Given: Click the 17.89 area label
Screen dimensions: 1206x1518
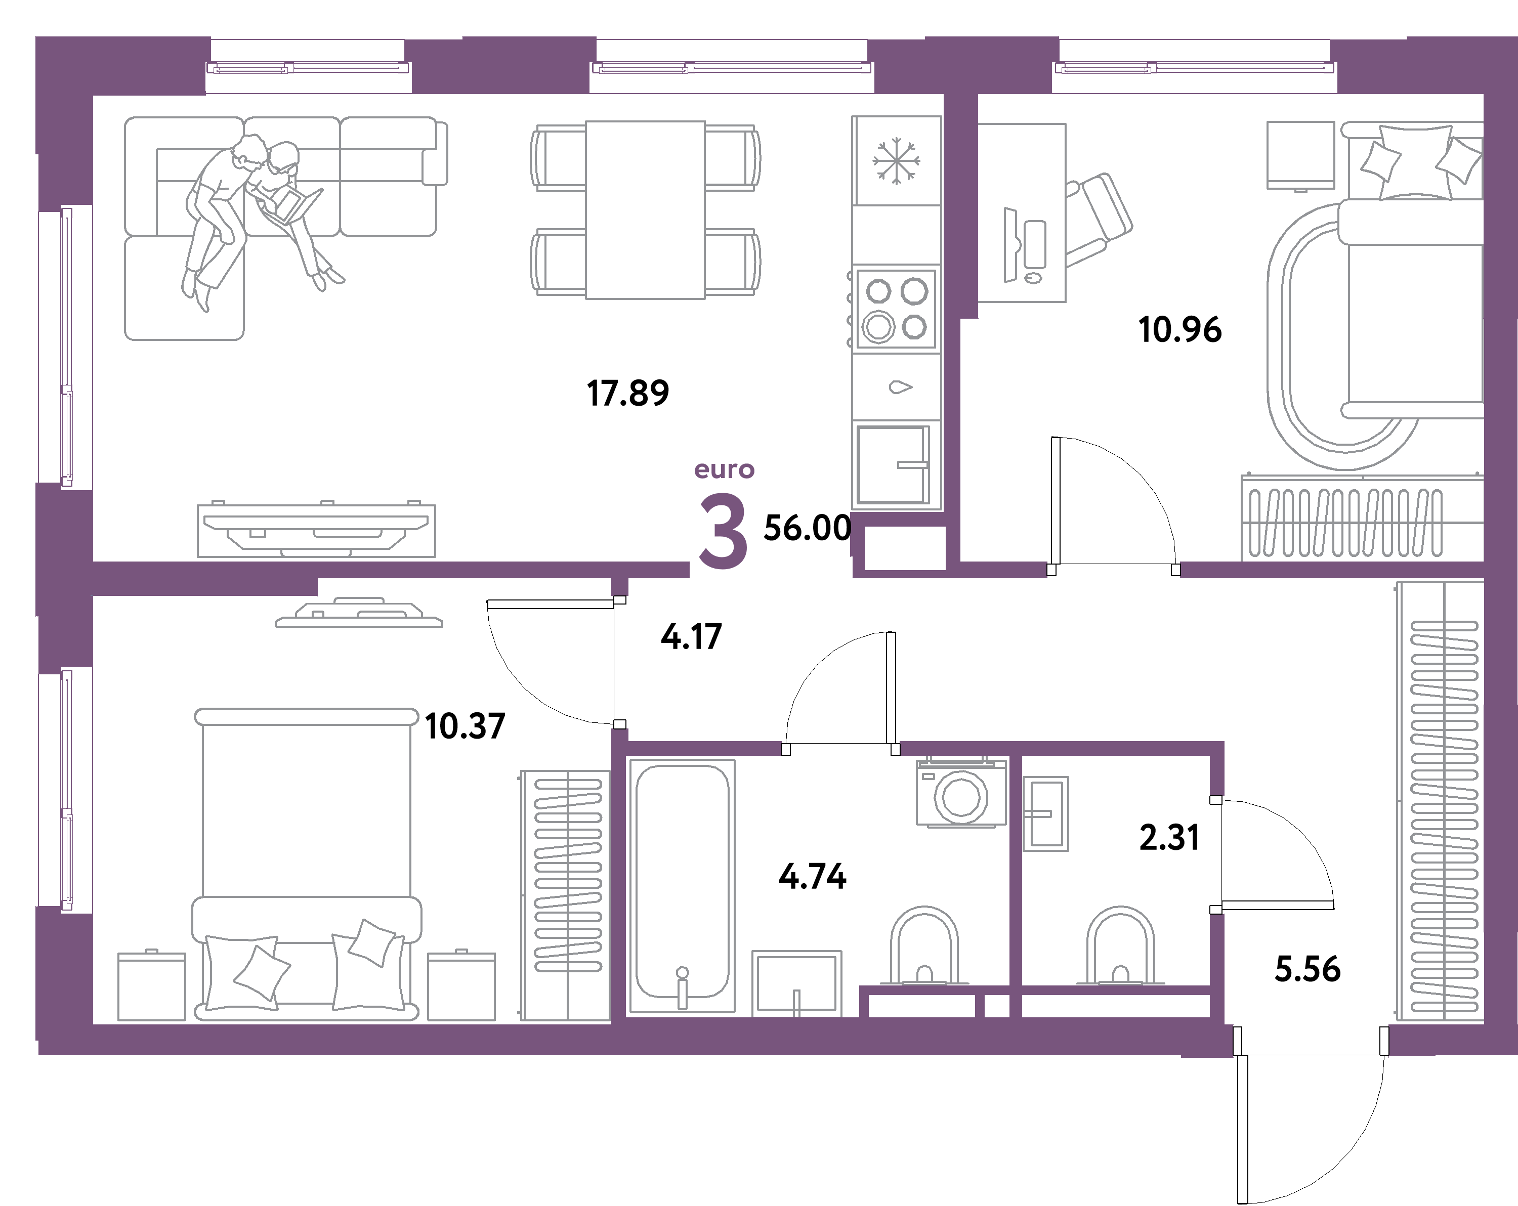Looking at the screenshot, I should click(627, 393).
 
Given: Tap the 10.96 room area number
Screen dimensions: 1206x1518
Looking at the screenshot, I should click(1179, 329).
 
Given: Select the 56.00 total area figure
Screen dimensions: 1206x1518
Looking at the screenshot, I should click(807, 528).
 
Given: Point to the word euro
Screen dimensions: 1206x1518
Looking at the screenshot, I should click(724, 469).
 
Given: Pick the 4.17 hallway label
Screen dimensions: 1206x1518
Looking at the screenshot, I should click(691, 636).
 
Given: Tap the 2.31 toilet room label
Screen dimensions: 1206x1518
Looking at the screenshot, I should click(1169, 838).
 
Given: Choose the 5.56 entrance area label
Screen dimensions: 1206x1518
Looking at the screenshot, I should click(1308, 969).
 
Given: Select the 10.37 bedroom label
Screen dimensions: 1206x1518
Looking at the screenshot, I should click(465, 726).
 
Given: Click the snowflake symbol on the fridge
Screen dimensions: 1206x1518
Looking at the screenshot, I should click(896, 160).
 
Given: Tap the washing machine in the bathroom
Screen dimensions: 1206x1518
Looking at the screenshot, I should click(961, 793).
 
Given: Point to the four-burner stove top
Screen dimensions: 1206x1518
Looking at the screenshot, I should click(896, 309).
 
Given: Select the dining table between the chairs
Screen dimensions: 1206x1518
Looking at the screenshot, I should click(645, 210).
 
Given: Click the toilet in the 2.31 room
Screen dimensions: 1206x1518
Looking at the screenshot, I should click(1120, 947).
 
